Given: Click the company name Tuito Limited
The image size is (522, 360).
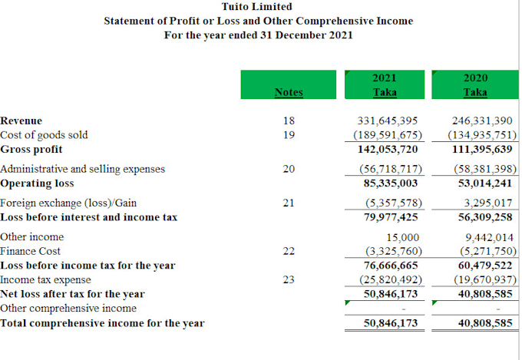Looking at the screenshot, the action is coord(256,6).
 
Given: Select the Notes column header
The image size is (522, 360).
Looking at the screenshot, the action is coord(289,92).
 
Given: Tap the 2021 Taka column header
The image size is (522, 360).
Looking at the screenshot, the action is coord(385,84).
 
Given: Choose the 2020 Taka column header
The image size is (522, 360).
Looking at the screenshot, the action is coord(475,84).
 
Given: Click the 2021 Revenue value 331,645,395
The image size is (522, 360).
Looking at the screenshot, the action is coord(388,121).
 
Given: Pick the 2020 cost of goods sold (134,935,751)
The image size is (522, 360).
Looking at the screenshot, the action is coord(482,135).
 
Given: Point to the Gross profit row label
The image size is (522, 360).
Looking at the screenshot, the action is coord(31,149).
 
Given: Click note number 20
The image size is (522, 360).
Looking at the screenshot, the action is coord(289,169).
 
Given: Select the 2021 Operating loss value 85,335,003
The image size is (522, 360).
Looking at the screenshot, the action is coord(391,183).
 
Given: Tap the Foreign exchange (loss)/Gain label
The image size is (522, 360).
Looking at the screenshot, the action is coord(68,203).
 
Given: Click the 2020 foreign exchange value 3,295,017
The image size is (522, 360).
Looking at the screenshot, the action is coord(488,203).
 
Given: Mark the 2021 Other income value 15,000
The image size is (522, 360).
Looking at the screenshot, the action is coord(402,237).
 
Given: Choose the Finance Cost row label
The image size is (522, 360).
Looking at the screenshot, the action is coord(30,251).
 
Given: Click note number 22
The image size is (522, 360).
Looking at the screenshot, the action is coord(289,251).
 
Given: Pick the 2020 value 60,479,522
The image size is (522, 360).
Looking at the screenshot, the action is coord(485,265).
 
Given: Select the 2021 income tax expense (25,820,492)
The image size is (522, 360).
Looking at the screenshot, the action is coord(391,279).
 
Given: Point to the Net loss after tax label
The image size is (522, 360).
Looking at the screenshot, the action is coord(72,294).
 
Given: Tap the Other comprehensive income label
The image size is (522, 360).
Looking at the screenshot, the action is coord(68,308).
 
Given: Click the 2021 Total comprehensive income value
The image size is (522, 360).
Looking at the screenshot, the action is coord(391,322).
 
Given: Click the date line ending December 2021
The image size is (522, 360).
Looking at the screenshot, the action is coord(259,35).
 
